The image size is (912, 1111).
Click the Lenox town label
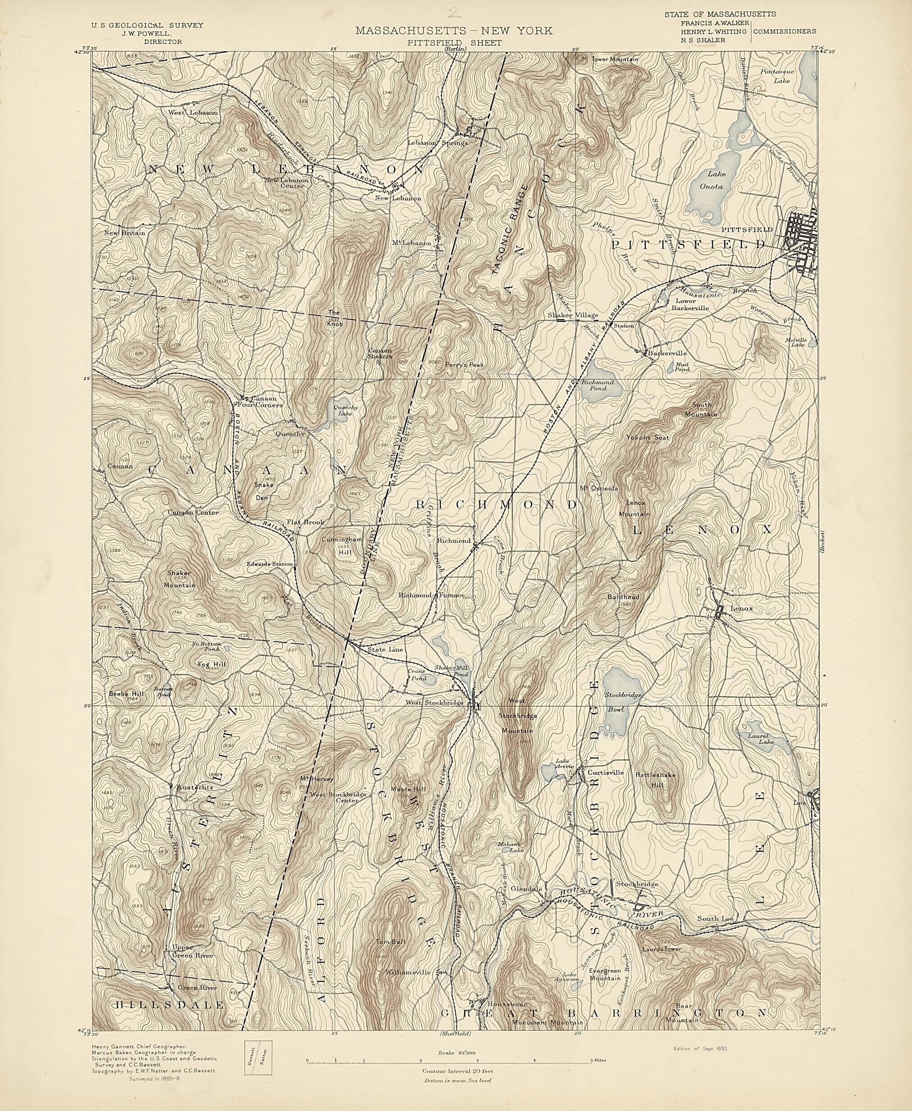[x=741, y=609]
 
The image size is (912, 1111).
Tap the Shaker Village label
[x=572, y=315]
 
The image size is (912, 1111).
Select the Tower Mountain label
[x=615, y=59]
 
